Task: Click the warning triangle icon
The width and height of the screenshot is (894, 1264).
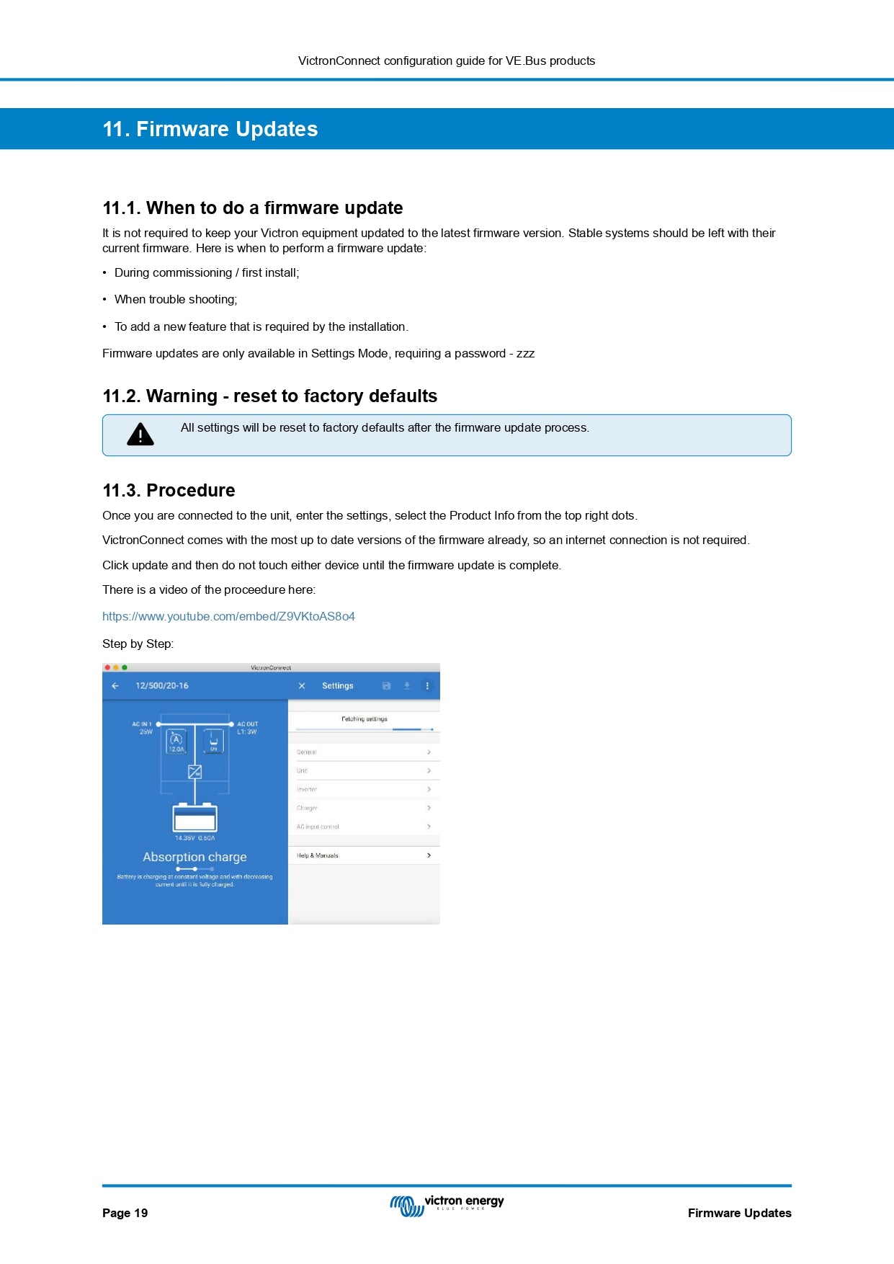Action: (140, 435)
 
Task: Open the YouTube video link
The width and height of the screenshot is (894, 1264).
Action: (228, 617)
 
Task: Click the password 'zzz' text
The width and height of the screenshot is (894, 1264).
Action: (525, 354)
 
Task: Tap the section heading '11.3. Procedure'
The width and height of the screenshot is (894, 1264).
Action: (169, 491)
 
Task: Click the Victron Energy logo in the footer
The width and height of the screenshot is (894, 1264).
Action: (447, 1205)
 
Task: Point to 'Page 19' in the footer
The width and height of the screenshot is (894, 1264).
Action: (125, 1213)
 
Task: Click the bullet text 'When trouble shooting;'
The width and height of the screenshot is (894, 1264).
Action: (176, 300)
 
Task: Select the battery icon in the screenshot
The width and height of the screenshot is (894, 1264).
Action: (195, 818)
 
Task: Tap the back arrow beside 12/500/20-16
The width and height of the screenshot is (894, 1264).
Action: (115, 686)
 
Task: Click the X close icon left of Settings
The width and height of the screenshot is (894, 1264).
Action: (302, 686)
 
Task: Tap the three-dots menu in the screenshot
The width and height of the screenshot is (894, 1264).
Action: (427, 686)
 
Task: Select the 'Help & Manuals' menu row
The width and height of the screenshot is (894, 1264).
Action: (364, 855)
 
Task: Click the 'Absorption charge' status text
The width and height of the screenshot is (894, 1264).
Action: (195, 857)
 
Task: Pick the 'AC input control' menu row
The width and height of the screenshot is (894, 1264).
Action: (364, 827)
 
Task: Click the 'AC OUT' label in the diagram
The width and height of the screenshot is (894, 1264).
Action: (248, 724)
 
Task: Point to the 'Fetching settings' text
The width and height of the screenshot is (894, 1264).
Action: (365, 719)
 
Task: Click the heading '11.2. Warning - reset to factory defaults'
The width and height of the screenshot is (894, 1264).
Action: (269, 396)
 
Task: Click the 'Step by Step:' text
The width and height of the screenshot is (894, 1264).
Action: (138, 644)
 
